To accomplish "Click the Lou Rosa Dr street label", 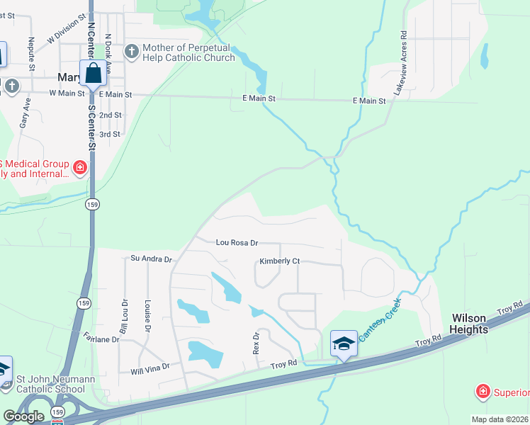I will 237,243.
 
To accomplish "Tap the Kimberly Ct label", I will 279,261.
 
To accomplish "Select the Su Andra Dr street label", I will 152,259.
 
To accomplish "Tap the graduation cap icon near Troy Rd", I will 344,344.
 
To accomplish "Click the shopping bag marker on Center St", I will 93,73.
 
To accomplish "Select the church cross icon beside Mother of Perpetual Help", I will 131,51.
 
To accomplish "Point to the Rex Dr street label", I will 257,344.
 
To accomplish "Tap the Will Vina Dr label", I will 150,368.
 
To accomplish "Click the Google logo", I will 23,416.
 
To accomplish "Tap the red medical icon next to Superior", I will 483,391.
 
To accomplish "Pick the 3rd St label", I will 110,134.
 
